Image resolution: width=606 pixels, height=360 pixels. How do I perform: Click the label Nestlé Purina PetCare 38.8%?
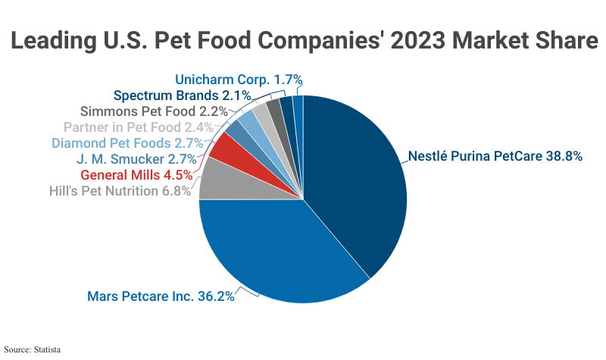coord(495,157)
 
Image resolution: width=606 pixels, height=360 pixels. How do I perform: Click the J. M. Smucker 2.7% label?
coord(136,159)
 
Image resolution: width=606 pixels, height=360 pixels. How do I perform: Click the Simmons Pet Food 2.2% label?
coord(143,111)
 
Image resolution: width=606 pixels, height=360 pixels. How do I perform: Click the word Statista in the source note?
coord(46,350)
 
